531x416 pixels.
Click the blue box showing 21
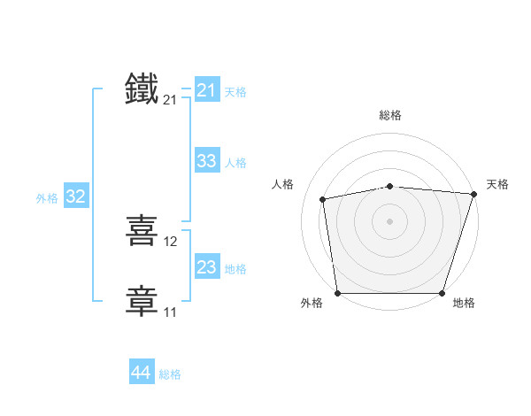coord(206,90)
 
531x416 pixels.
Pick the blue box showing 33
coord(206,161)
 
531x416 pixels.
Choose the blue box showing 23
coord(206,267)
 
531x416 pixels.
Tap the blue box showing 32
coord(75,196)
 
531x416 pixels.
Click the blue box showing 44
coord(141,374)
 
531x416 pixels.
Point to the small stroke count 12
coord(171,242)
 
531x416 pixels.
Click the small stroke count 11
coord(170,312)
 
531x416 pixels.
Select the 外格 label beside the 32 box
coord(47,198)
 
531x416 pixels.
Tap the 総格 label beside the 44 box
coord(170,374)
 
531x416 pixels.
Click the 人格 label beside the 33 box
coord(235,163)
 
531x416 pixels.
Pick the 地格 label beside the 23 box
coord(235,269)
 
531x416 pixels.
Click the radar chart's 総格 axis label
coord(389,115)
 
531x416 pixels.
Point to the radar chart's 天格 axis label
coord(497,184)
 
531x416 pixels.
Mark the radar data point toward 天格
coord(474,194)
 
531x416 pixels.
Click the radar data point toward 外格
coord(337,293)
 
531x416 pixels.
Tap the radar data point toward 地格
coord(442,293)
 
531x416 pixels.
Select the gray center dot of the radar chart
coord(389,221)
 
